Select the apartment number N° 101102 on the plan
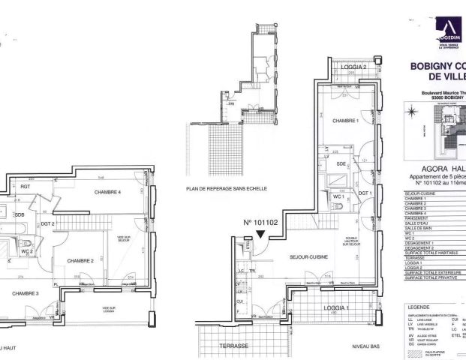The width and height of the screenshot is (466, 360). (260, 223)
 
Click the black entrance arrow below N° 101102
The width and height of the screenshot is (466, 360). (260, 235)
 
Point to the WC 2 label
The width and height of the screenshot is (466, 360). (26, 251)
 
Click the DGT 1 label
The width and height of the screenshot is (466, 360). (366, 193)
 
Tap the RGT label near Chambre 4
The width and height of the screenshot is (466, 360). (25, 186)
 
